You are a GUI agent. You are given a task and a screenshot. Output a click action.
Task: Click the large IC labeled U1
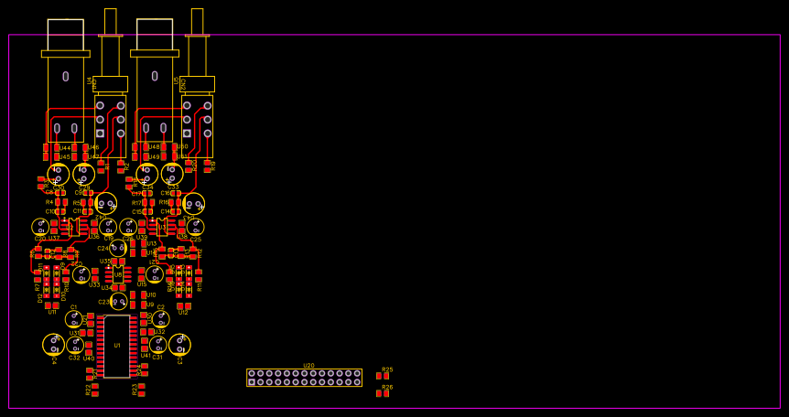click(116, 346)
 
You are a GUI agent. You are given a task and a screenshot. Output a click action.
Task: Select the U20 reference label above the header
click(308, 365)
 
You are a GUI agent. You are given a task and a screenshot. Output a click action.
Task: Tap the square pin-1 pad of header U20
click(252, 381)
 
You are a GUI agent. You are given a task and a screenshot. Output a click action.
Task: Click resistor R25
click(383, 376)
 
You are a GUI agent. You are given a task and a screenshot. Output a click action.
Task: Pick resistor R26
click(383, 393)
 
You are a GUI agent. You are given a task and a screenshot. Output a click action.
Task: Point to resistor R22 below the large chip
click(95, 390)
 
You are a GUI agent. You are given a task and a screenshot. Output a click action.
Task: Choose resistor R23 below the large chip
click(141, 390)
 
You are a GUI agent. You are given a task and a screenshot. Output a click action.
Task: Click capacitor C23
click(119, 301)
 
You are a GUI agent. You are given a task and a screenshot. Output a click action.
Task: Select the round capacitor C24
click(118, 248)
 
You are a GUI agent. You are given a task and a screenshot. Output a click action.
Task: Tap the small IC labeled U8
click(118, 274)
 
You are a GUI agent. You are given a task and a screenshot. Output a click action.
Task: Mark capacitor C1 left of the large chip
click(74, 318)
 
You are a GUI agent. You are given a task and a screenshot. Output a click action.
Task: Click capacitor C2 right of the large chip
click(161, 318)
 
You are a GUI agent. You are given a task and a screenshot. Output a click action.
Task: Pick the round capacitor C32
click(75, 345)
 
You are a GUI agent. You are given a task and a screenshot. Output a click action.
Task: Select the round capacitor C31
click(157, 345)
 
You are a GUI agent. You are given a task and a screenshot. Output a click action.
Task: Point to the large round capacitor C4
click(53, 344)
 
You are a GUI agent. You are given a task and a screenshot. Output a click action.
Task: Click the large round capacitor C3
click(179, 344)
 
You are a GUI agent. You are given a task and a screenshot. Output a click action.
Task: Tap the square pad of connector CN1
click(100, 133)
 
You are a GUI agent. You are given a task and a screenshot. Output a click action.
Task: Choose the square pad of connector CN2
click(187, 133)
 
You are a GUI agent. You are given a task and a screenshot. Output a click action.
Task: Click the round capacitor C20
click(40, 226)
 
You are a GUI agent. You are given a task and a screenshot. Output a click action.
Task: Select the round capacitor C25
click(195, 226)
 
